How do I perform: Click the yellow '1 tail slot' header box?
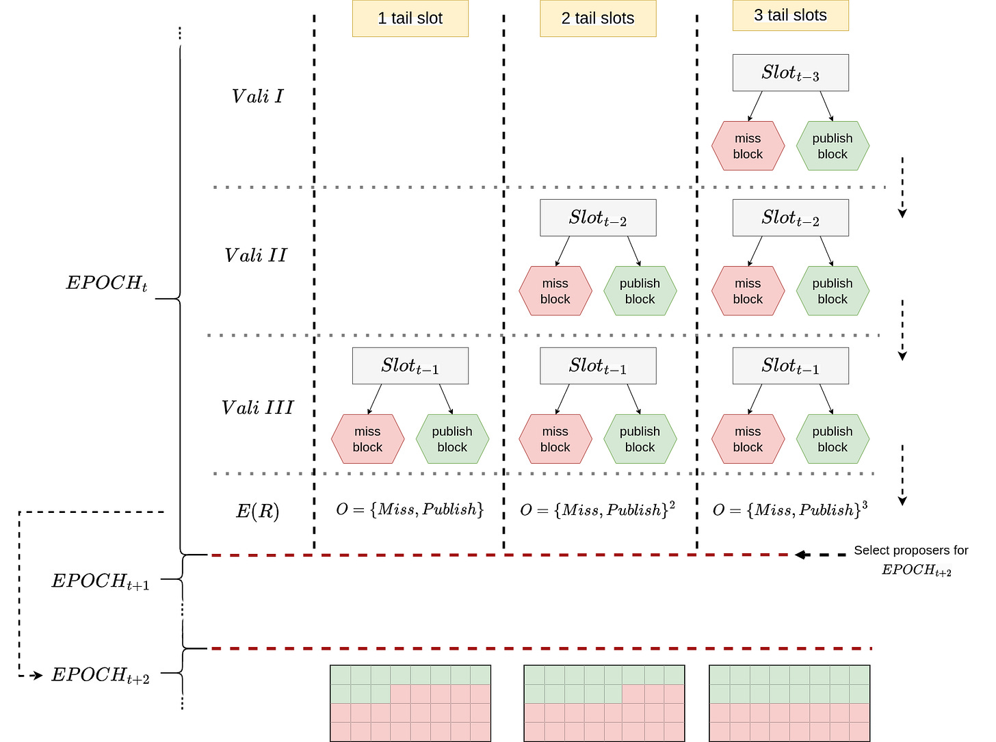(410, 18)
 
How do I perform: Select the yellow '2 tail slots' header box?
(598, 18)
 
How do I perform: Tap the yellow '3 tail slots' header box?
(790, 15)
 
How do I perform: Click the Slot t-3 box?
(790, 72)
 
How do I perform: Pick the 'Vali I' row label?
(257, 96)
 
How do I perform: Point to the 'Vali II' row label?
(256, 255)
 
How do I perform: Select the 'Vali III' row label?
(257, 408)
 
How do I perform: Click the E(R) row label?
(257, 511)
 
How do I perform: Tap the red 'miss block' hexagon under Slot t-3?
(748, 146)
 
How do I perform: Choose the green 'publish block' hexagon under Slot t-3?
(833, 146)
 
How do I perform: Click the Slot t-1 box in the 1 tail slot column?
(410, 366)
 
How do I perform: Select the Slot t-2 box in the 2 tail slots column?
(598, 217)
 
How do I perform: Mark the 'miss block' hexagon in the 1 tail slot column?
(367, 439)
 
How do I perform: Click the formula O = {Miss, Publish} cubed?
(789, 509)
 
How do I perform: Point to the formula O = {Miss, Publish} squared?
(597, 509)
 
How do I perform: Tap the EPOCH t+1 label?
(101, 581)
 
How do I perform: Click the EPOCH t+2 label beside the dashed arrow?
(101, 675)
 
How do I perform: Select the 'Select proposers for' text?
(910, 550)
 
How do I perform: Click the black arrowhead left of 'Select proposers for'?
(801, 555)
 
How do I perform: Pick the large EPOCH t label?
(107, 283)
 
